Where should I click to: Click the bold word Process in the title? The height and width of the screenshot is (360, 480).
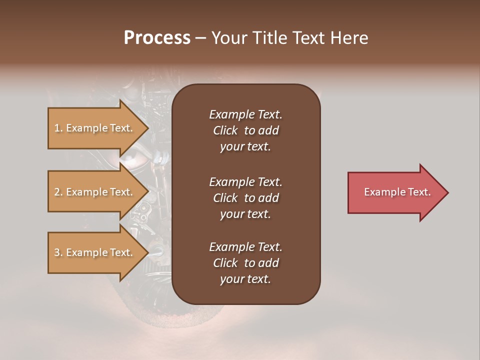pos(157,38)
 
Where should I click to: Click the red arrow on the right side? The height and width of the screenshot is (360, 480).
pos(395,192)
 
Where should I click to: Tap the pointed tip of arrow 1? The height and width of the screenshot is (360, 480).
pos(147,128)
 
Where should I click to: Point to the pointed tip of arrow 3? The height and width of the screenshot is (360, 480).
pos(147,253)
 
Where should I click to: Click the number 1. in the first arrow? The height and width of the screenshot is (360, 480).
pos(58,128)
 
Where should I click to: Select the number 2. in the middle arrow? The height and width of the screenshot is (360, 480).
pos(58,192)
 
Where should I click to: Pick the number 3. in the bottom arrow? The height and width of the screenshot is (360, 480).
pos(58,253)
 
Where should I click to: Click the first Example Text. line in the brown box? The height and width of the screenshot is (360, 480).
pos(245,114)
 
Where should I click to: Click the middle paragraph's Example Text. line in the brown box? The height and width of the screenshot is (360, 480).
pos(245,181)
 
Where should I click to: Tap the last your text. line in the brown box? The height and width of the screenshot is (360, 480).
pos(245,279)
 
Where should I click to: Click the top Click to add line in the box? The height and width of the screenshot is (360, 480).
pos(245,130)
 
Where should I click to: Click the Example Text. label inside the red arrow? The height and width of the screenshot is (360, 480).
pos(397,192)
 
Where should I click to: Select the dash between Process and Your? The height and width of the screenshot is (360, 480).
pos(201,38)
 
